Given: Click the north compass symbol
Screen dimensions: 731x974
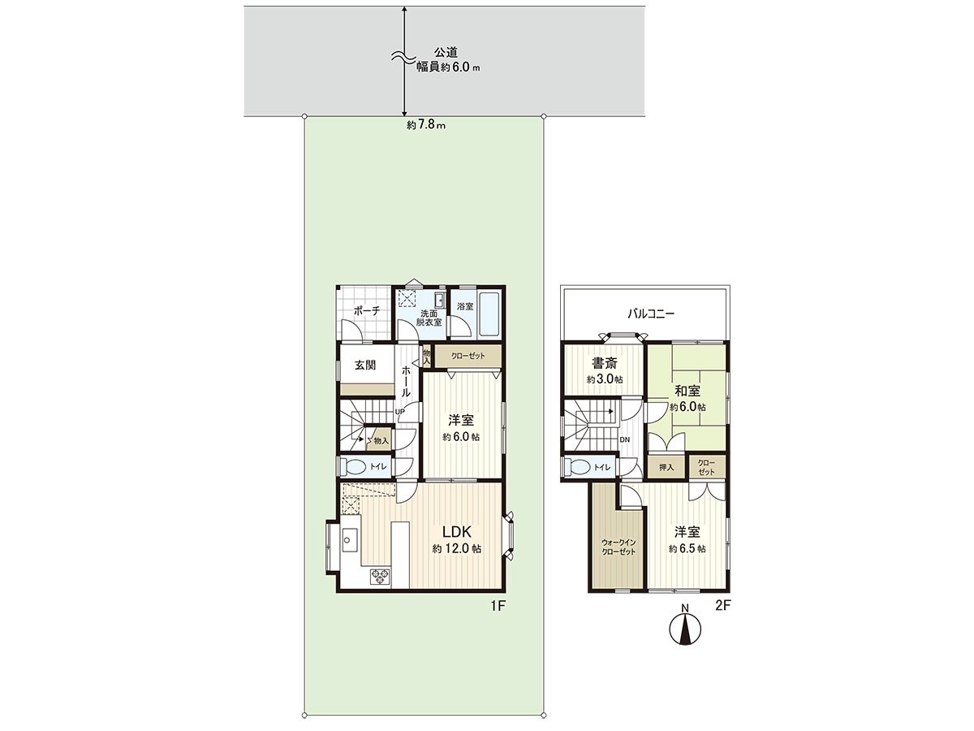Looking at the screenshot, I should pyautogui.click(x=685, y=629).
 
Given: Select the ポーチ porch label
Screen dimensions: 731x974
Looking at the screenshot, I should pyautogui.click(x=367, y=310).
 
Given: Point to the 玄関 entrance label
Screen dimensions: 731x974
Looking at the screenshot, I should pyautogui.click(x=364, y=365).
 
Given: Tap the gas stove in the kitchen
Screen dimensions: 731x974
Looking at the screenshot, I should pyautogui.click(x=380, y=577).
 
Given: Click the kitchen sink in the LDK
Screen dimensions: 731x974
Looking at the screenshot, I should pyautogui.click(x=350, y=539).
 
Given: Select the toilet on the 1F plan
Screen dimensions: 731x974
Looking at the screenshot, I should pyautogui.click(x=354, y=467).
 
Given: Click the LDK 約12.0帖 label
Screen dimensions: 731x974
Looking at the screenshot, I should pyautogui.click(x=457, y=539).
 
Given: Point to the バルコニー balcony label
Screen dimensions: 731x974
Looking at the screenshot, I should pyautogui.click(x=649, y=313).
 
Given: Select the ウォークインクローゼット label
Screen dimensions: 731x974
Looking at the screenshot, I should pyautogui.click(x=618, y=546).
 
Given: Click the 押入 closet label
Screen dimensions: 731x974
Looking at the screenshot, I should pyautogui.click(x=666, y=467).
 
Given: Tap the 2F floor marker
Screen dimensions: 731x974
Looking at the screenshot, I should pyautogui.click(x=723, y=606).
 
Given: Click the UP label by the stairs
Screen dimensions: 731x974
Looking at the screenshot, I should pyautogui.click(x=399, y=412).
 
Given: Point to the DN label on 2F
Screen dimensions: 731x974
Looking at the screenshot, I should pyautogui.click(x=624, y=439).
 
